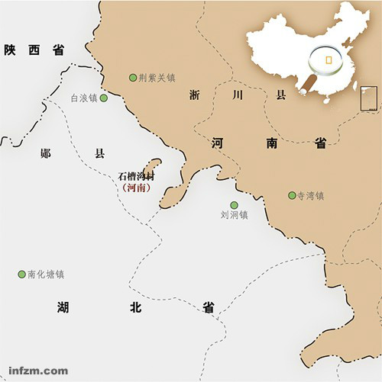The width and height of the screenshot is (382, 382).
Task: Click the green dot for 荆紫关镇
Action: pyautogui.click(x=133, y=77)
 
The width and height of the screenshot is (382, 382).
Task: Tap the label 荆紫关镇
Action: pyautogui.click(x=157, y=77)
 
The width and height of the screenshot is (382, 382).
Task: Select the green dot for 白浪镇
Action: pyautogui.click(x=104, y=98)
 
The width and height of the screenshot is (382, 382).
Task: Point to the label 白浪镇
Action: pyautogui.click(x=84, y=98)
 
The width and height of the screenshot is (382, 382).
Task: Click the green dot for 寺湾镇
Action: pyautogui.click(x=292, y=195)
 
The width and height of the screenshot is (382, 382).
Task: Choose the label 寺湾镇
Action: pyautogui.click(x=311, y=195)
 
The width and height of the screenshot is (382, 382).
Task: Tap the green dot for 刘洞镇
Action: pyautogui.click(x=234, y=204)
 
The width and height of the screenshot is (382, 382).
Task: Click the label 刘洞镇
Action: pyautogui.click(x=234, y=215)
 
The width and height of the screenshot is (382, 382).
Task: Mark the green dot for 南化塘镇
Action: pyautogui.click(x=21, y=274)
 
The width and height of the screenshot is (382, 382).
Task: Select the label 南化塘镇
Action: pyautogui.click(x=46, y=274)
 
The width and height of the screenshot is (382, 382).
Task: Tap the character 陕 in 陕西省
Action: pyautogui.click(x=10, y=50)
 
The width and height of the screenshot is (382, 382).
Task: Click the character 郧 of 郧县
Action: pyautogui.click(x=45, y=152)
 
